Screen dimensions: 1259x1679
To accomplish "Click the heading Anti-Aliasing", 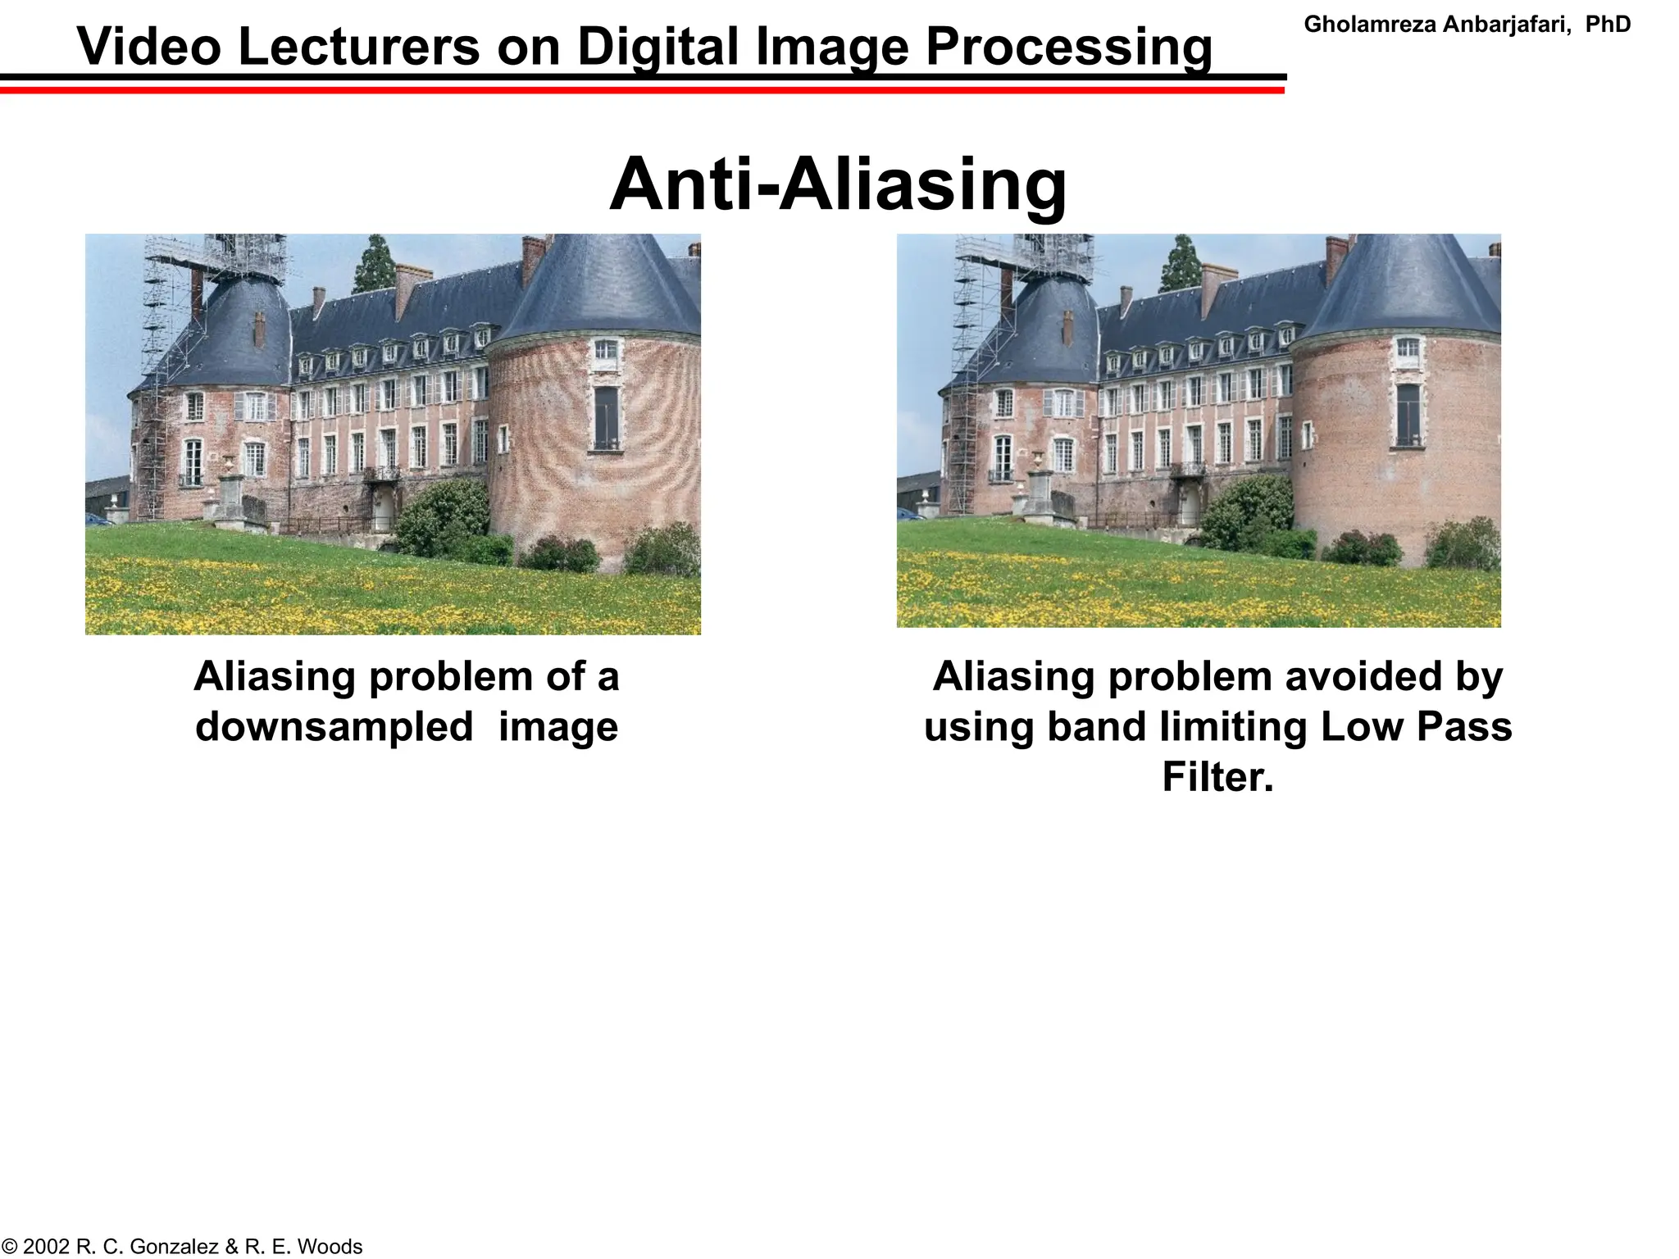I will tap(838, 185).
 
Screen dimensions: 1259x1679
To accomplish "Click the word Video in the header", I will tap(148, 47).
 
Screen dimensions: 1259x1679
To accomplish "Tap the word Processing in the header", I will tap(1069, 47).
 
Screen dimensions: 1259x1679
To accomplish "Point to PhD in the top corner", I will tap(1608, 25).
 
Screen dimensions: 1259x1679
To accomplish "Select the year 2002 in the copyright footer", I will tap(47, 1247).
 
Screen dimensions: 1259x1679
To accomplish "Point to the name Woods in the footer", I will tap(330, 1247).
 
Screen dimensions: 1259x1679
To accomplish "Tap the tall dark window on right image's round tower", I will tap(1408, 415).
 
